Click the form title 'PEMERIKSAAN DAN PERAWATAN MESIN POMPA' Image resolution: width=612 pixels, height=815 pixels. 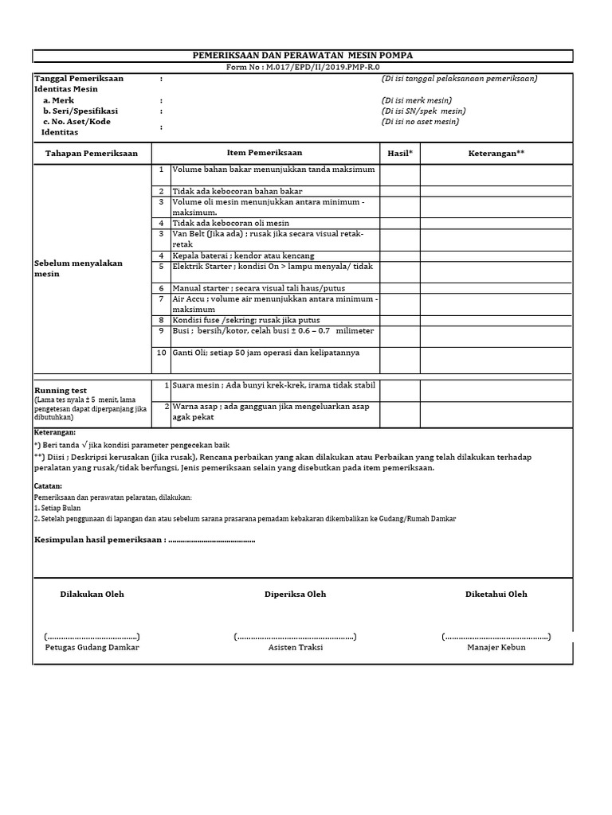click(x=304, y=55)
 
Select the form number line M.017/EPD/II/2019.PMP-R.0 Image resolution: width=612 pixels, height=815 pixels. click(x=304, y=68)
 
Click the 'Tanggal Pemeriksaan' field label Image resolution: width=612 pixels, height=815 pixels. click(x=78, y=79)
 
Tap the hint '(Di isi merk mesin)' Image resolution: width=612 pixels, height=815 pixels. click(x=417, y=100)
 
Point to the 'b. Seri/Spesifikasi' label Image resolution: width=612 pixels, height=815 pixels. click(x=80, y=111)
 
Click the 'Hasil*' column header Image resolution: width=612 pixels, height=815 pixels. click(x=399, y=153)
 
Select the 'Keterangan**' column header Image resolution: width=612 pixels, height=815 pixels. click(x=496, y=153)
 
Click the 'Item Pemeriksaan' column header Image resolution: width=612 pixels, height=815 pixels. click(x=265, y=153)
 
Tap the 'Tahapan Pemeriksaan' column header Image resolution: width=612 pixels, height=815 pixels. click(x=92, y=153)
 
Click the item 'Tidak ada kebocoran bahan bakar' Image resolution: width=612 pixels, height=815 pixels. click(x=237, y=191)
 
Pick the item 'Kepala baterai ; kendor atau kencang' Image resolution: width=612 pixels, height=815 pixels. click(x=243, y=256)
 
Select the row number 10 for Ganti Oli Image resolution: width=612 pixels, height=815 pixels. click(x=161, y=352)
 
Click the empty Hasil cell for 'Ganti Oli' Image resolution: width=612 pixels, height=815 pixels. click(x=399, y=359)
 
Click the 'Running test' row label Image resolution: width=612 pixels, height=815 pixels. click(x=61, y=391)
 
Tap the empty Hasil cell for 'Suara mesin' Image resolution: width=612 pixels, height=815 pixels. click(x=399, y=390)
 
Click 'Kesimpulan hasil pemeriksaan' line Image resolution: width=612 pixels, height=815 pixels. click(x=144, y=540)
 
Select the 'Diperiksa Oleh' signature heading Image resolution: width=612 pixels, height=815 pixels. click(x=295, y=594)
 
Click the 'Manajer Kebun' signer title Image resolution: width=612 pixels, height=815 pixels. click(x=496, y=647)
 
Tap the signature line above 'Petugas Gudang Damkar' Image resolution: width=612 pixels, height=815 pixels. click(x=92, y=637)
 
